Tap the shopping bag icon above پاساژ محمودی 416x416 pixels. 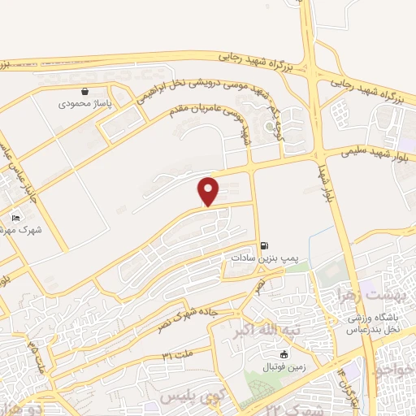click(x=85, y=91)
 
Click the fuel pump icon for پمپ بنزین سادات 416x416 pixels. click(x=263, y=245)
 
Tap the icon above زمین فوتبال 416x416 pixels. click(x=284, y=354)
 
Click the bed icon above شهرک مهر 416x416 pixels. click(x=15, y=218)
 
